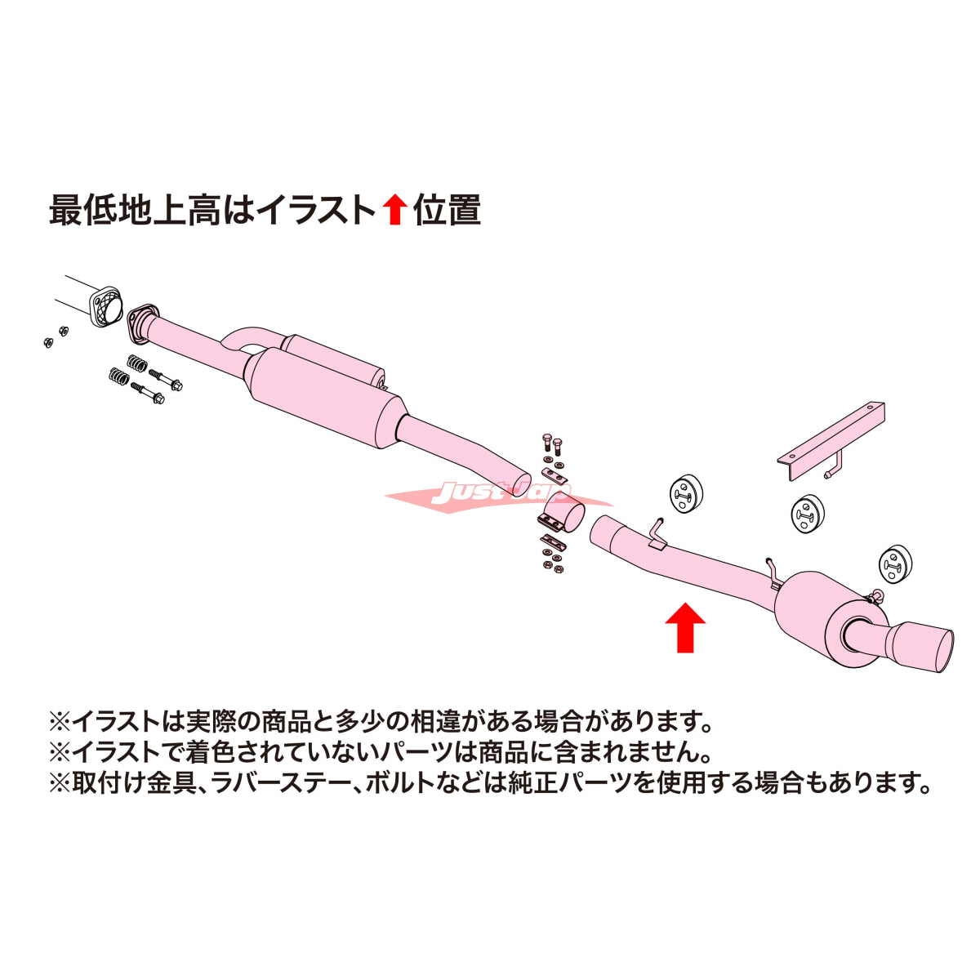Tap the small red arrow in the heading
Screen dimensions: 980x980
(x=394, y=211)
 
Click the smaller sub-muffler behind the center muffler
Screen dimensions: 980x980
(x=334, y=359)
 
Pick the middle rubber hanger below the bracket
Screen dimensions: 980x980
(x=808, y=513)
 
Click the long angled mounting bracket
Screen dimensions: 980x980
(x=831, y=442)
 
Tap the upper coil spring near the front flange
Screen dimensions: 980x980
(x=137, y=363)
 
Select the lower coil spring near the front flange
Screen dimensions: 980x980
(x=119, y=377)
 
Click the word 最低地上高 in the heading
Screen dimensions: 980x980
(x=135, y=211)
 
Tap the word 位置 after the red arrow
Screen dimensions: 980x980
(x=447, y=211)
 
